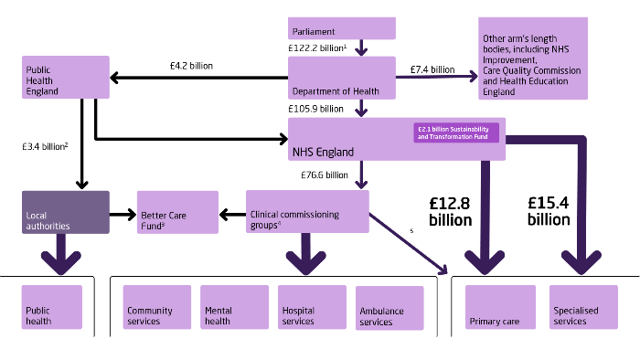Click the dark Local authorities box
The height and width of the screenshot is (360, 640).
pyautogui.click(x=65, y=212)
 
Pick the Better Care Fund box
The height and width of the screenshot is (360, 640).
pyautogui.click(x=177, y=214)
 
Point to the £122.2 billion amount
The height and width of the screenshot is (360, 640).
pyautogui.click(x=316, y=47)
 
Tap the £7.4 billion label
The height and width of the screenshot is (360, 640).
pyautogui.click(x=432, y=69)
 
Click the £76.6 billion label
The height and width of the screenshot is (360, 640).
pyautogui.click(x=325, y=175)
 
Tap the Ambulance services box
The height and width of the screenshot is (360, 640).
pyautogui.click(x=389, y=308)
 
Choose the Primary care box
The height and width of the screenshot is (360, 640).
pyautogui.click(x=500, y=307)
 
